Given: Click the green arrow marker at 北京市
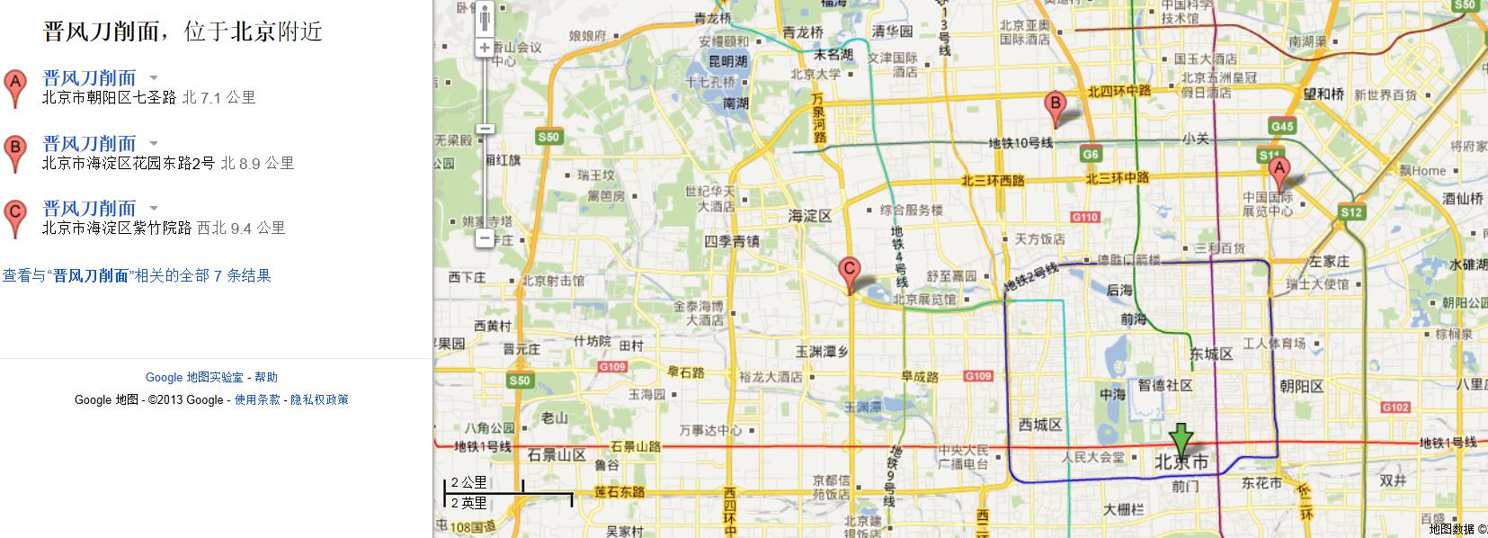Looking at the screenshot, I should point(1181,440).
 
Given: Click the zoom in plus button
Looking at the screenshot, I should point(485,47).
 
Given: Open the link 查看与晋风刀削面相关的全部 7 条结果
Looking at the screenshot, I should point(137,275).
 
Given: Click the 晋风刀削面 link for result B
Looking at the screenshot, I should point(89,143).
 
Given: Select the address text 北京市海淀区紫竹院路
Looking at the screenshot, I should point(117,229).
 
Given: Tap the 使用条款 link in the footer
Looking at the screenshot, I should point(257,399).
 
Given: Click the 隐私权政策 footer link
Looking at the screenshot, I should point(319,399).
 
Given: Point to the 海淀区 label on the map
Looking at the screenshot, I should point(810,216).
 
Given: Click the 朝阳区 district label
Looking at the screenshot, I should point(1302,386).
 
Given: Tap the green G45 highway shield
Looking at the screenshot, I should point(1282,126).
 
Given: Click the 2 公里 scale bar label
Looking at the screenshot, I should point(468,482).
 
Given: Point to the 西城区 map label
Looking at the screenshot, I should point(1040,424).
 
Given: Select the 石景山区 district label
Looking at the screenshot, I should point(557,454).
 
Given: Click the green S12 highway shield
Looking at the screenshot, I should point(1351,212).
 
